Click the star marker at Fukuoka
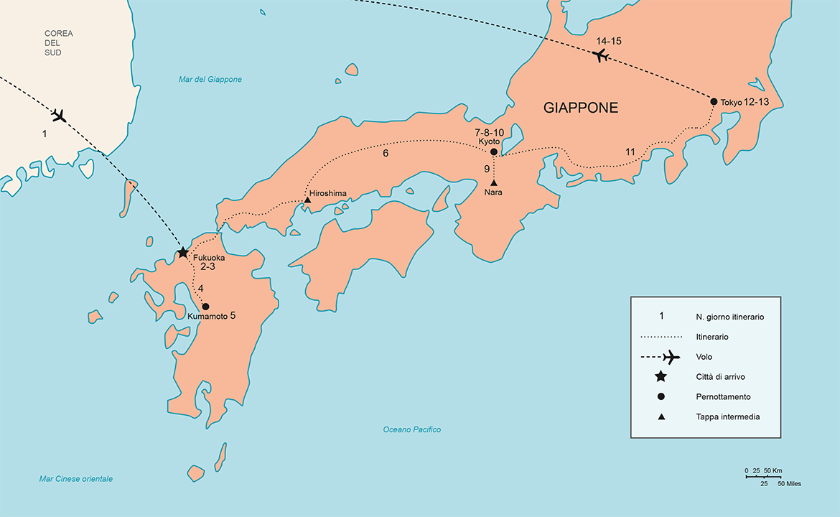(183, 253)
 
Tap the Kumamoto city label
(207, 316)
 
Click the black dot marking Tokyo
(714, 101)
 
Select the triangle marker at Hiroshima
(307, 200)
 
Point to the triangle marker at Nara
(493, 182)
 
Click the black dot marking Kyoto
(493, 152)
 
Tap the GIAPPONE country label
(581, 108)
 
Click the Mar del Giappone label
(210, 80)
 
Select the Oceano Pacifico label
(411, 429)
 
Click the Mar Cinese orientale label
(76, 479)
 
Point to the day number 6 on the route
(386, 154)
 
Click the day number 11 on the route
(630, 152)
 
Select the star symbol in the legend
(661, 376)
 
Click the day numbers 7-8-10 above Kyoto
(489, 134)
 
